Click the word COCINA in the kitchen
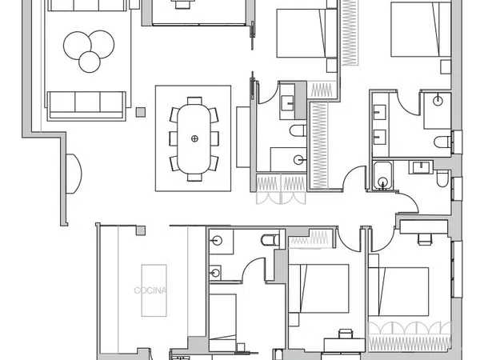(x=150, y=290)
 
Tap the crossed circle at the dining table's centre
(x=194, y=138)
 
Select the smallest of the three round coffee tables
(x=90, y=62)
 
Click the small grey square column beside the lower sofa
(x=141, y=112)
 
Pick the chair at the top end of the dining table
(x=194, y=101)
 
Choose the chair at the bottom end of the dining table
(x=194, y=178)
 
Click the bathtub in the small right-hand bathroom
(x=382, y=175)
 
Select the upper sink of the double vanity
(x=379, y=112)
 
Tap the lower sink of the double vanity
(x=379, y=137)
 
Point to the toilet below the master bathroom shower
(x=442, y=142)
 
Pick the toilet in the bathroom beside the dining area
(x=298, y=130)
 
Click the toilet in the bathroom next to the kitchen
(x=270, y=240)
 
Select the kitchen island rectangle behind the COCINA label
(x=154, y=290)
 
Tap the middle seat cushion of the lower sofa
(x=87, y=102)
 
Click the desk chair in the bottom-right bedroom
(x=425, y=239)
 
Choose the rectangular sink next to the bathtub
(x=422, y=167)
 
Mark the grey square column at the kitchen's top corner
(x=141, y=230)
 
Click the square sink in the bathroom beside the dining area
(x=288, y=102)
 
